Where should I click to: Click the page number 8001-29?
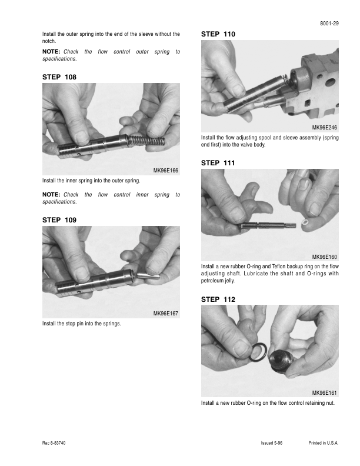pyautogui.click(x=329, y=24)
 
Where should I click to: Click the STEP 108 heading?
pyautogui.click(x=59, y=77)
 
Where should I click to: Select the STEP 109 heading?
pyautogui.click(x=59, y=220)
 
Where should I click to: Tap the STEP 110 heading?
pyautogui.click(x=218, y=34)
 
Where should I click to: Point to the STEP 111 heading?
pyautogui.click(x=218, y=163)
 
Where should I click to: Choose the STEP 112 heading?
pyautogui.click(x=218, y=299)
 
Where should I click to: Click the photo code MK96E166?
pyautogui.click(x=165, y=171)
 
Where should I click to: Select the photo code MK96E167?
pyautogui.click(x=165, y=314)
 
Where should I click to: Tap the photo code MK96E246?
pyautogui.click(x=324, y=128)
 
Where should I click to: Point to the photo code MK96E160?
pyautogui.click(x=324, y=257)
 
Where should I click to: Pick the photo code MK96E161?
pyautogui.click(x=324, y=393)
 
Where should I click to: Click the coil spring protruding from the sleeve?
pyautogui.click(x=146, y=141)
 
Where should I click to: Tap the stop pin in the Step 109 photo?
pyautogui.click(x=148, y=275)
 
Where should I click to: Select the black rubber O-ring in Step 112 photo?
pyautogui.click(x=258, y=352)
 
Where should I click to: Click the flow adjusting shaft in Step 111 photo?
pyautogui.click(x=267, y=226)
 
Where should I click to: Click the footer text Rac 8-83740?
pyautogui.click(x=54, y=443)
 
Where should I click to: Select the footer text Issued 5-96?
pyautogui.click(x=272, y=443)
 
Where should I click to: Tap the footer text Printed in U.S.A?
pyautogui.click(x=324, y=443)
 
